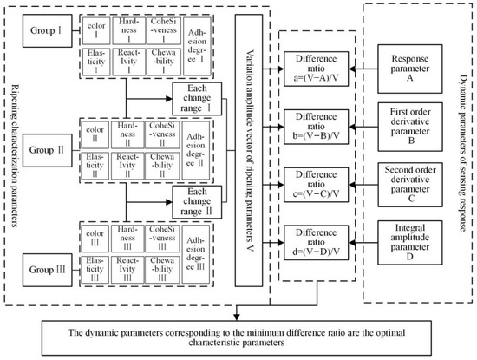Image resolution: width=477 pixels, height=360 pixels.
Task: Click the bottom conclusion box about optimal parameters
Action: [247, 334]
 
